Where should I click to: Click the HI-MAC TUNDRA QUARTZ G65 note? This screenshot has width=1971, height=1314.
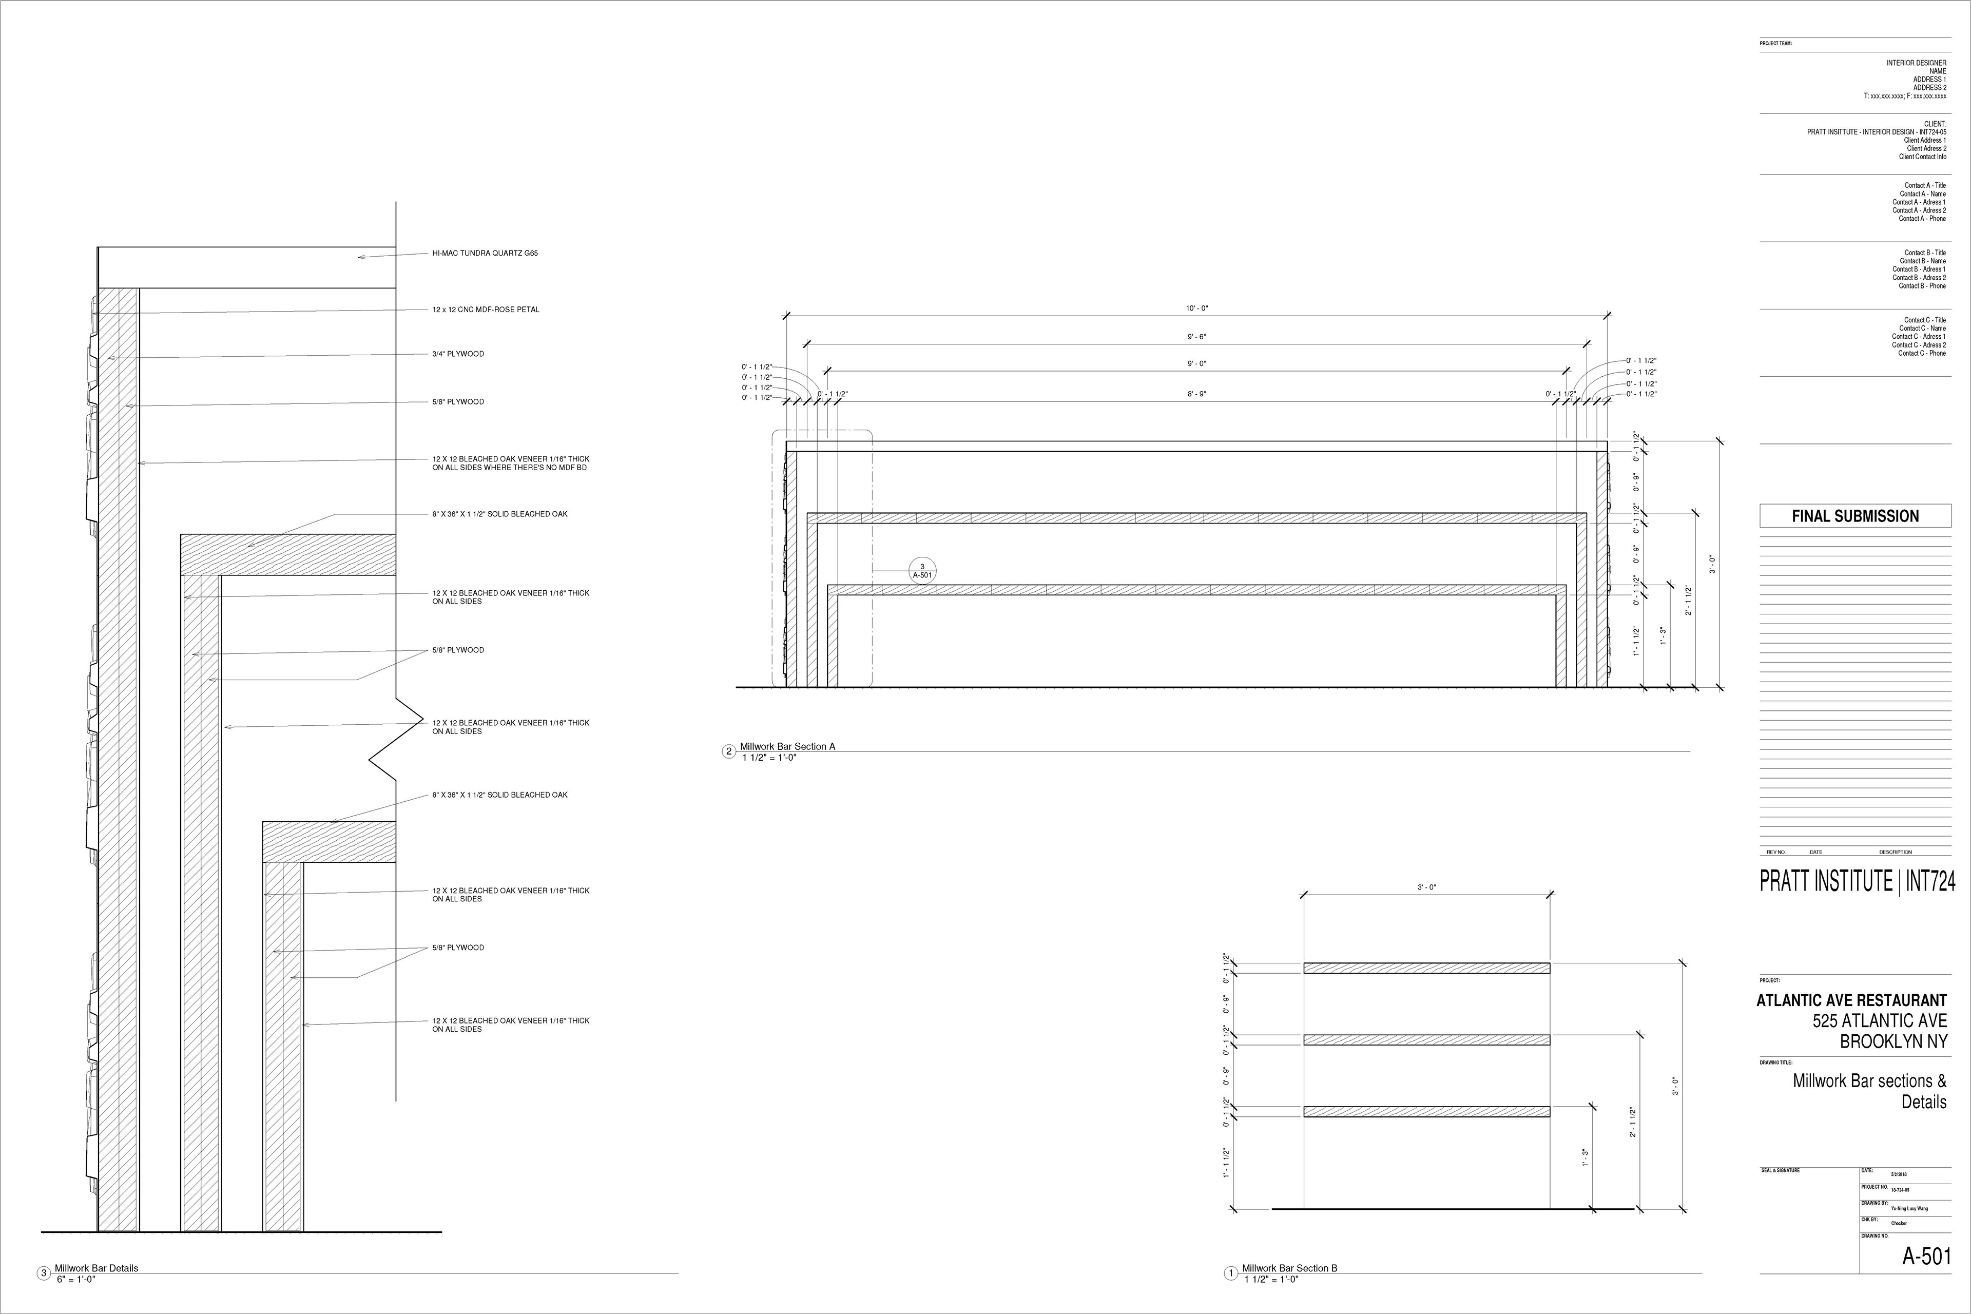point(485,253)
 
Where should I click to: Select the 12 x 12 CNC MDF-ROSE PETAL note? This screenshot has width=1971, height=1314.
point(485,309)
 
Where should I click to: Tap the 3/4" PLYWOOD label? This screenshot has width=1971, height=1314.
point(457,354)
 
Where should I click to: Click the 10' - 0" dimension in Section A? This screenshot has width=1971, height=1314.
point(1196,308)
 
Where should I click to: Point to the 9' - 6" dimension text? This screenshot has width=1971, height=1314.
point(1196,337)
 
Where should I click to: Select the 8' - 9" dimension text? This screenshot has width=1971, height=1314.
point(1196,394)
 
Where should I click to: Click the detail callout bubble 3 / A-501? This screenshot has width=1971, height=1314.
point(922,571)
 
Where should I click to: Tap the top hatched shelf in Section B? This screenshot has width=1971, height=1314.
point(1426,968)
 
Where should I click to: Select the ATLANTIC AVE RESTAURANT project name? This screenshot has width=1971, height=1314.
point(1851,1000)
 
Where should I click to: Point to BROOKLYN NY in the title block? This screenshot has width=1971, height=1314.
point(1892,1041)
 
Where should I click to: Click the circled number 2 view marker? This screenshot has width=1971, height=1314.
point(729,751)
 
